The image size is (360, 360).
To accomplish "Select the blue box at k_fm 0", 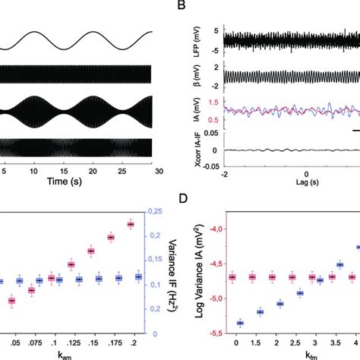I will point(239,323).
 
